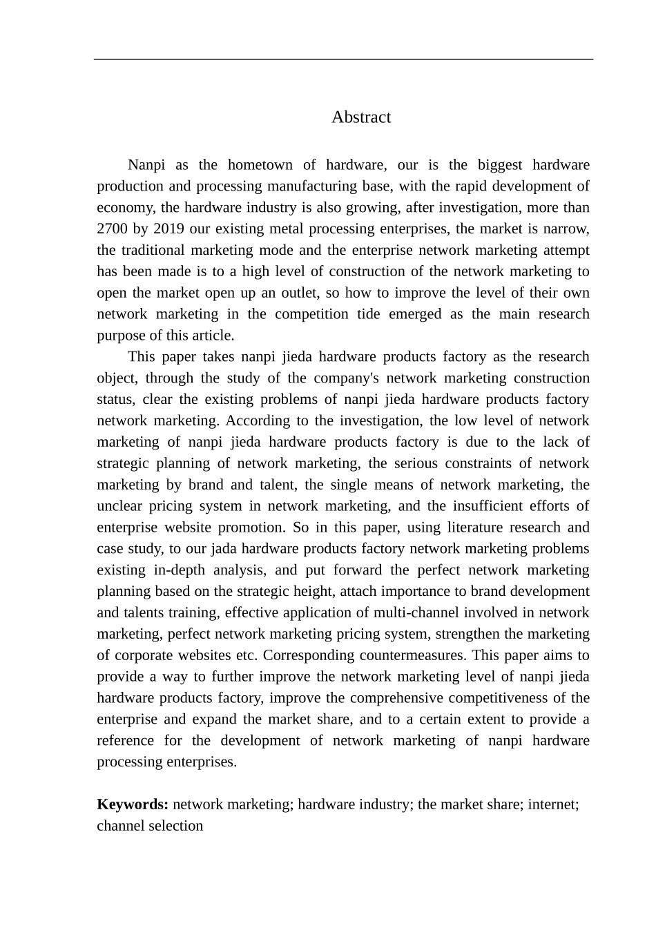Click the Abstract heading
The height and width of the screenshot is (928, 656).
[361, 117]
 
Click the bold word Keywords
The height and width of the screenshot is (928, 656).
[133, 804]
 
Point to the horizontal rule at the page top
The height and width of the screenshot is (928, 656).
[343, 59]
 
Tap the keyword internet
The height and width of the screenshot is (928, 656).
[552, 804]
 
